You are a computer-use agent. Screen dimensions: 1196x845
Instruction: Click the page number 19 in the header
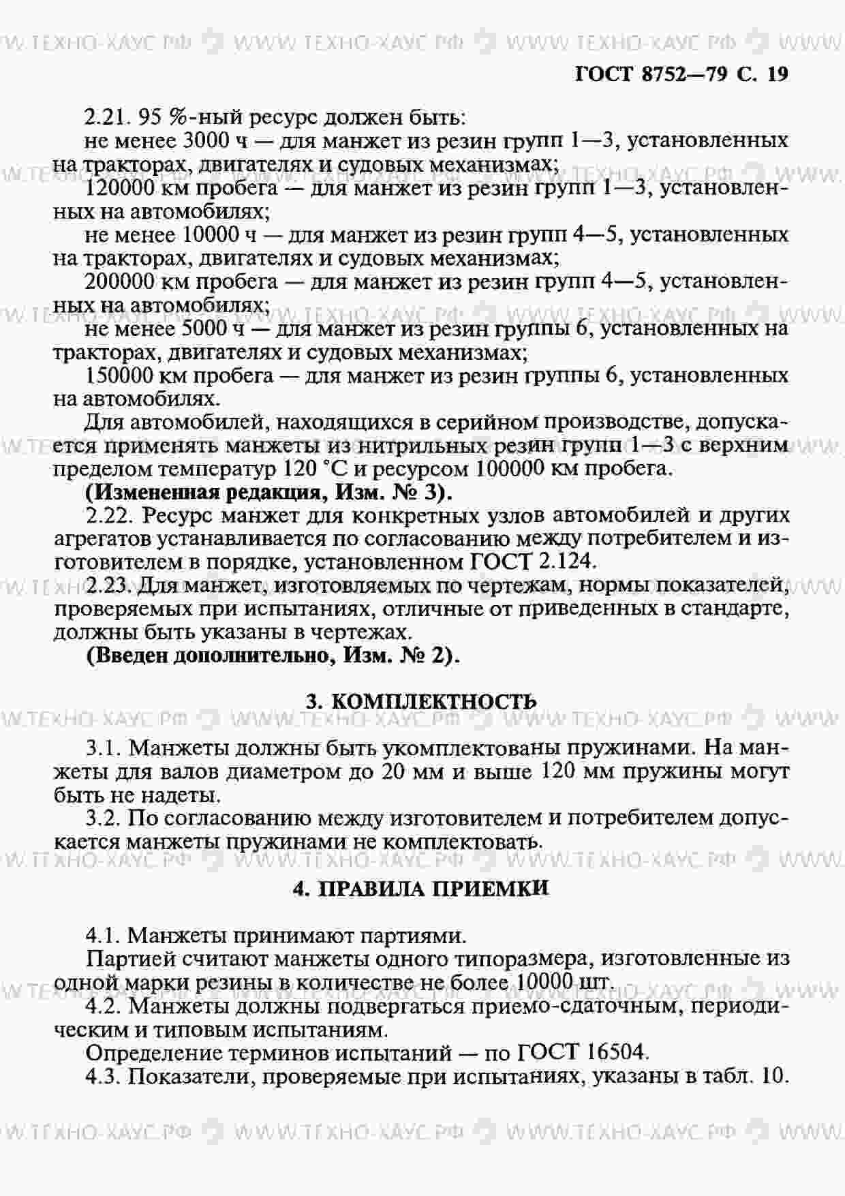point(777,74)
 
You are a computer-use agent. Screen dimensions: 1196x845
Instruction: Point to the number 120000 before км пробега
point(121,187)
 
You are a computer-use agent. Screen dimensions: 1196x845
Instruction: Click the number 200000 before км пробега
point(121,281)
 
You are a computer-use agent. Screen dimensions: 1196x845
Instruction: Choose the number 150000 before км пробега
point(121,375)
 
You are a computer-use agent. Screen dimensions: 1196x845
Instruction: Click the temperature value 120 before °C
point(296,469)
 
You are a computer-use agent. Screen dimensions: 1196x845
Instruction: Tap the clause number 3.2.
point(103,818)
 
